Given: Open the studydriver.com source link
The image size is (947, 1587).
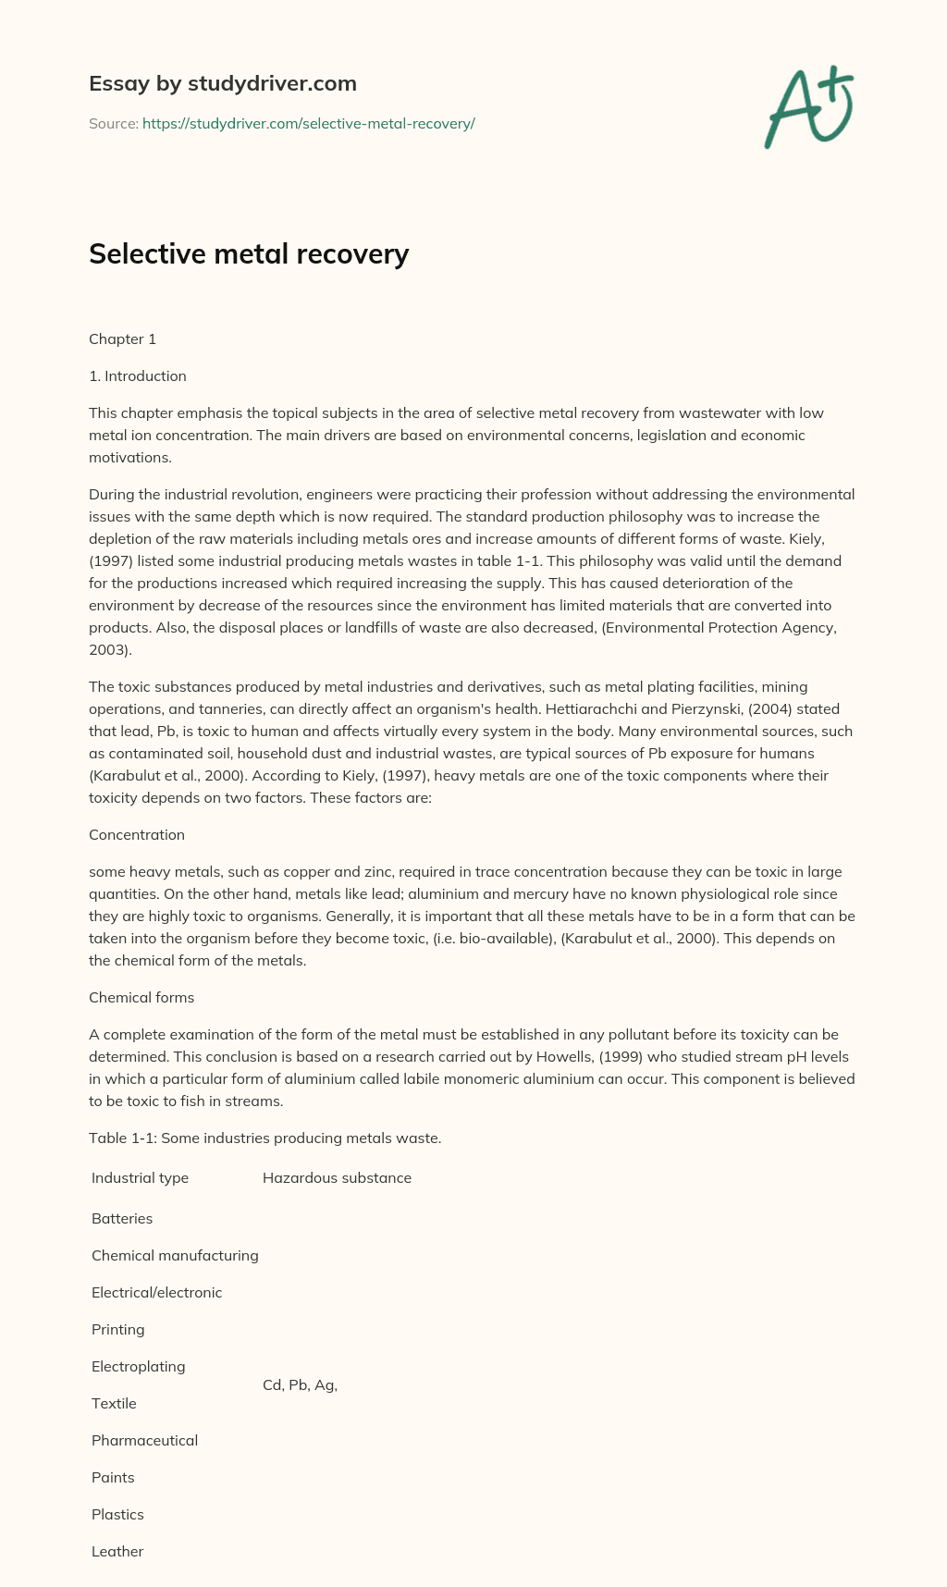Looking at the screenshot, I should click(308, 123).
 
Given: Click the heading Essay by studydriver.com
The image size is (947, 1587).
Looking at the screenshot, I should click(222, 83).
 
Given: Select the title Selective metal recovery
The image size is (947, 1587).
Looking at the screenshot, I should click(249, 253).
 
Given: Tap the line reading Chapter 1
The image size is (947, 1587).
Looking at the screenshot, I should click(122, 338).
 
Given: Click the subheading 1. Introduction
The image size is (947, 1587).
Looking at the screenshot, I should click(138, 375).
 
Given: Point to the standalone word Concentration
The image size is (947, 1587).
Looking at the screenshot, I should click(137, 834).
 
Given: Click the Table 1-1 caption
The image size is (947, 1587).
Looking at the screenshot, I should click(264, 1138).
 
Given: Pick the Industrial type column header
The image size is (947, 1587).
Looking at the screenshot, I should click(140, 1177).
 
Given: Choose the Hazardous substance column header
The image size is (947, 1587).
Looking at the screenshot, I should click(337, 1177).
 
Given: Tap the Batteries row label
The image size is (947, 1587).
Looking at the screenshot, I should click(122, 1218).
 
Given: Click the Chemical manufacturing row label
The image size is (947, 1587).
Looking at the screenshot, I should click(175, 1255).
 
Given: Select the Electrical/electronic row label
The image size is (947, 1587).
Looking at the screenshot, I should click(156, 1292).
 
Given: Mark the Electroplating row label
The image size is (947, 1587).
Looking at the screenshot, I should click(138, 1366).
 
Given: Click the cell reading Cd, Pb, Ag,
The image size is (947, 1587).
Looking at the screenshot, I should click(300, 1384).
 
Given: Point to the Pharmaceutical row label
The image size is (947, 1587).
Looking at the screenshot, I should click(144, 1440).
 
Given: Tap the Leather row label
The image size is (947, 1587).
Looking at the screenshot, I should click(117, 1551).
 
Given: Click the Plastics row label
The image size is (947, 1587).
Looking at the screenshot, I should click(117, 1514).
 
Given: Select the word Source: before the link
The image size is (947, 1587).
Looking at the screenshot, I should click(113, 123).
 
